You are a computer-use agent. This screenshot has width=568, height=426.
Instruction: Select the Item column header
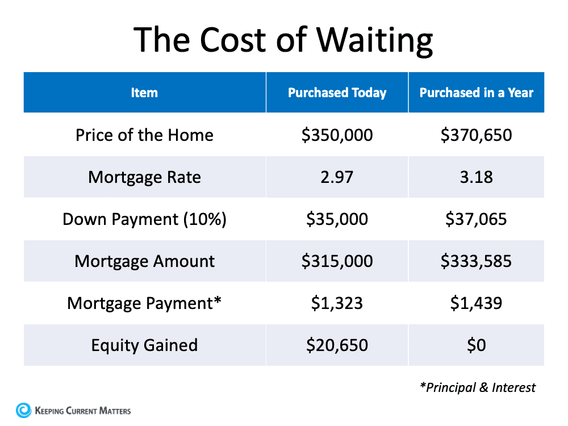(144, 93)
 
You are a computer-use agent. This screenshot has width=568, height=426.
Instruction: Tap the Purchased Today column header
(337, 93)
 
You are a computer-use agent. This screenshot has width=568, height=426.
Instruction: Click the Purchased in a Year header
(476, 93)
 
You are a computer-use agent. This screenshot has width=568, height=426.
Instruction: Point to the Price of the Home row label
(144, 135)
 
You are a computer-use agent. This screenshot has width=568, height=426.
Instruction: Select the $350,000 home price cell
(337, 135)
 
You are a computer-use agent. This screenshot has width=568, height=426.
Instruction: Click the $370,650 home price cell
(476, 135)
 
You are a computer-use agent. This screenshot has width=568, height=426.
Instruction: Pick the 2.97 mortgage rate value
(337, 177)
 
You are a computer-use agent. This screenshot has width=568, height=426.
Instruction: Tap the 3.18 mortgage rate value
(476, 177)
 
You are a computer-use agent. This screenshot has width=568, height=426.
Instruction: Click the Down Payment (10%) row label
(144, 219)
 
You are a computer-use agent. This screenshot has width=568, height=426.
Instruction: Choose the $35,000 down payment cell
(337, 219)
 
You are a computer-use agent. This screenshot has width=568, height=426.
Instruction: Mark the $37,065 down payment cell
(476, 219)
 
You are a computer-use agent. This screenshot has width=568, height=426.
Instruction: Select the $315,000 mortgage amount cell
(337, 261)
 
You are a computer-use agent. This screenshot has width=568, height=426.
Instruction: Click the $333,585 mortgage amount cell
(476, 261)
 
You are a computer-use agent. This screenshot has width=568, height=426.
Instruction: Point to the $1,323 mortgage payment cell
(337, 303)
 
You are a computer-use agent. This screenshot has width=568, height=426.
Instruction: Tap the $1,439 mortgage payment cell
(476, 303)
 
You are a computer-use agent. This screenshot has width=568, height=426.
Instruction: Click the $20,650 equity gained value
(337, 345)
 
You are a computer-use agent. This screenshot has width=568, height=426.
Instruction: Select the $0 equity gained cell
(476, 345)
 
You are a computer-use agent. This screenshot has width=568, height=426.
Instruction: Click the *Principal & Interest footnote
(477, 387)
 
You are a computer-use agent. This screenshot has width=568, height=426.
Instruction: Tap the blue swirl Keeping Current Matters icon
(24, 410)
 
